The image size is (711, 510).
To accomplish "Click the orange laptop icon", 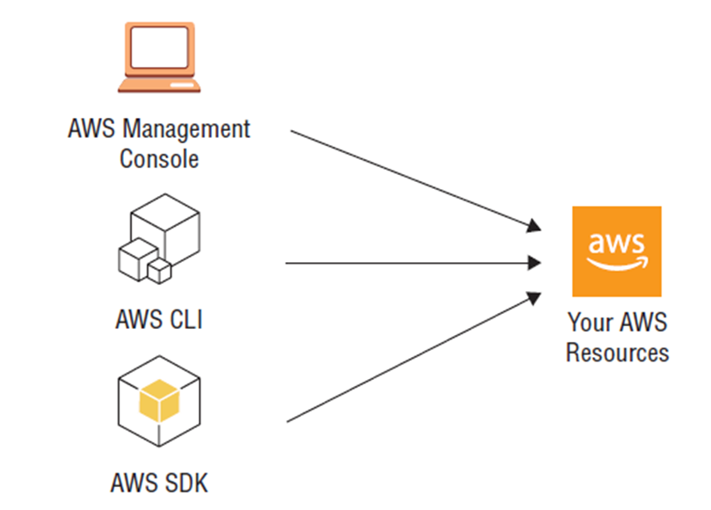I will point(159,56).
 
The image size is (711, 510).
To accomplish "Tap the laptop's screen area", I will point(159,48).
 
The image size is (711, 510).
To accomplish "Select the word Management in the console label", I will point(186,129).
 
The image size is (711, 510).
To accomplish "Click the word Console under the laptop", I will point(159,159).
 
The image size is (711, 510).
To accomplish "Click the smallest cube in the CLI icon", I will point(159,270).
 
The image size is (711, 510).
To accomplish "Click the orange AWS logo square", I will point(616,251).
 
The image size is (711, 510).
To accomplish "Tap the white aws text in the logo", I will point(616,242).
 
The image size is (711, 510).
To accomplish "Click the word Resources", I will point(617,353).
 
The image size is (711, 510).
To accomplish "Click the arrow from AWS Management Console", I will point(413,180).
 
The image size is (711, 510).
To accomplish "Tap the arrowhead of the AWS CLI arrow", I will point(533,262).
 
